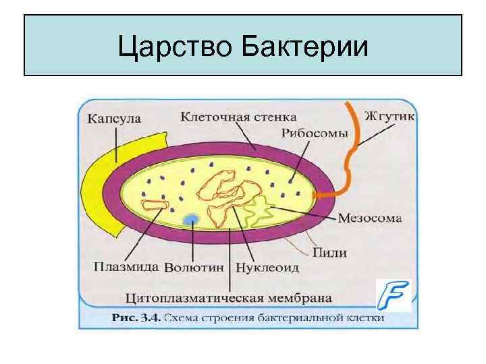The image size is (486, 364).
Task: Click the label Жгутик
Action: coord(389,115)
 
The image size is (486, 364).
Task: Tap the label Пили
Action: coord(330,253)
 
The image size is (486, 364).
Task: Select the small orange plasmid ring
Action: coord(155,206)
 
